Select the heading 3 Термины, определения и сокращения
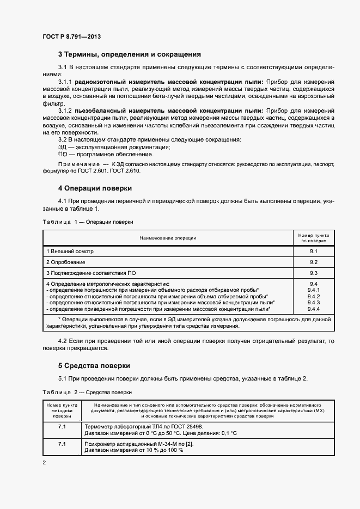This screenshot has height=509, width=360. point(130,54)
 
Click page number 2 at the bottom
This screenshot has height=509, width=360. point(44,462)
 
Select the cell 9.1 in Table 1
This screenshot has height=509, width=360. point(313,252)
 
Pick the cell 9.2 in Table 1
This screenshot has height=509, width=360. point(313,262)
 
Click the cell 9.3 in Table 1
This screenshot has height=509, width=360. point(313,273)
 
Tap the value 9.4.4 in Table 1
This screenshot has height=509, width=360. point(313,308)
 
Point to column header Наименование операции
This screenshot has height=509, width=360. point(168,237)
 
